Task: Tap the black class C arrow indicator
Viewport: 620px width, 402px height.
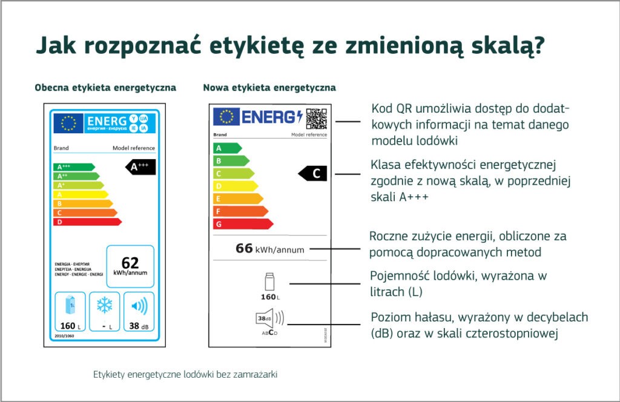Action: click(314, 174)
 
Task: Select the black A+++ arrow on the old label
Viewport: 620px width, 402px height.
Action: click(141, 167)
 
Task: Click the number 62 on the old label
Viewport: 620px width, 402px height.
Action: click(130, 263)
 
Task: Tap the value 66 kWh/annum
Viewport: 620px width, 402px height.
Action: click(269, 249)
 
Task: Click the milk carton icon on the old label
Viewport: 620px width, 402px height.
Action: click(71, 305)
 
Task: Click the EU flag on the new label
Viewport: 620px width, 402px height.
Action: click(226, 117)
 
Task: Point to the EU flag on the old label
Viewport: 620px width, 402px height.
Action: click(68, 124)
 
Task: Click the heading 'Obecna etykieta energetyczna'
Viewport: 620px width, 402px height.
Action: click(105, 88)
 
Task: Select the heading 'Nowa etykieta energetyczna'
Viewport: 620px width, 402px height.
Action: click(269, 88)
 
